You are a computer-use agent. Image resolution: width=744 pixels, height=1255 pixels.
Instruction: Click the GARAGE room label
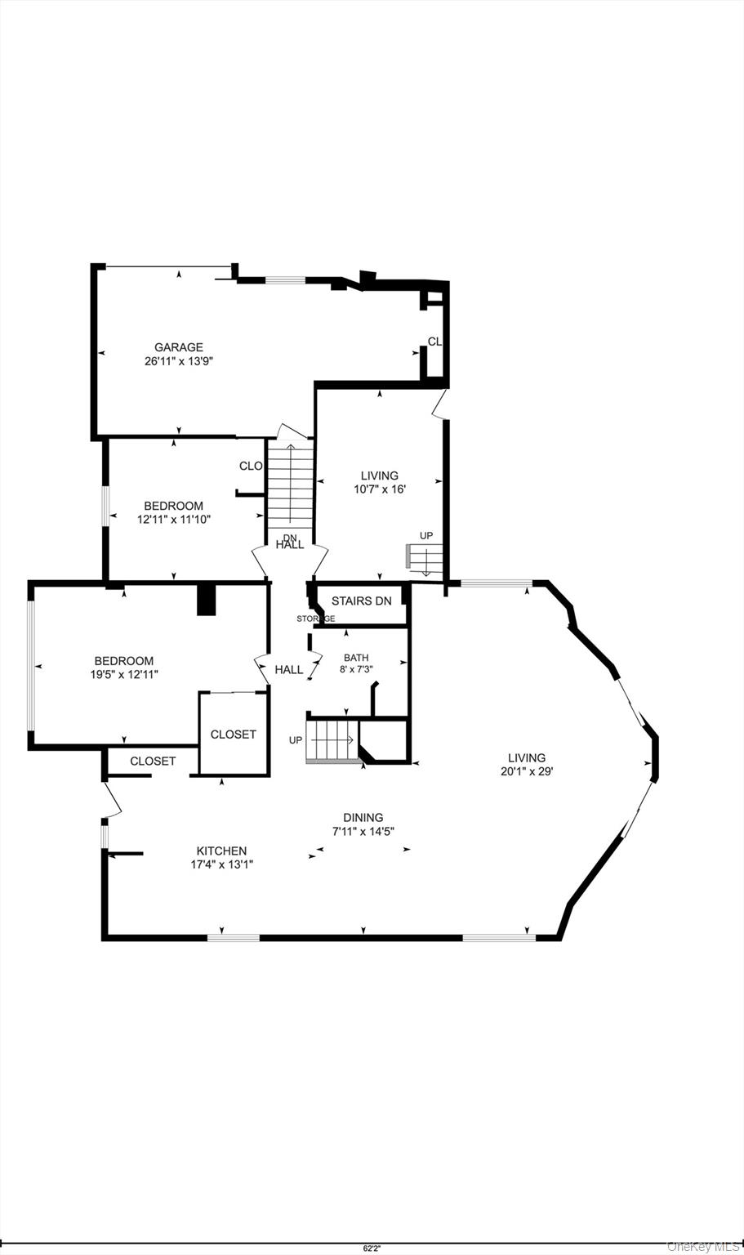point(179,347)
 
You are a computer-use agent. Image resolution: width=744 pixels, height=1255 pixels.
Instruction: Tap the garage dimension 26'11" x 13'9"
point(179,360)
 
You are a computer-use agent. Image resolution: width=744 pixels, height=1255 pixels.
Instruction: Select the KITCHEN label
point(221,851)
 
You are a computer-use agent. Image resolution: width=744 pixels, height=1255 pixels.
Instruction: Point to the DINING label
point(363,817)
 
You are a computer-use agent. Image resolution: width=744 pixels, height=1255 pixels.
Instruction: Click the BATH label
point(356,657)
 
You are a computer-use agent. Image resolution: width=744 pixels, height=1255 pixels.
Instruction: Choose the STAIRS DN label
point(361,601)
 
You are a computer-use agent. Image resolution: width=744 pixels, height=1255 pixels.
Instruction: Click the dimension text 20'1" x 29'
point(527,770)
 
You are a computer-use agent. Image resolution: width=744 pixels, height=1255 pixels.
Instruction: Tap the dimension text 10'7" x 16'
point(380,489)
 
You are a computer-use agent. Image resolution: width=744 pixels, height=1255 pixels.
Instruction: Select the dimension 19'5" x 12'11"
point(124,674)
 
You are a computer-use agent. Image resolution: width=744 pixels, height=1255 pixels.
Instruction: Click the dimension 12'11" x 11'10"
point(173,519)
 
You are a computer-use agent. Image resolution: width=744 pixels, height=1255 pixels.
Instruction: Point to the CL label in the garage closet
point(434,342)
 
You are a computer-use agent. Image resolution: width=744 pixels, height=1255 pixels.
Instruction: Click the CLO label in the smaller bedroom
point(251,466)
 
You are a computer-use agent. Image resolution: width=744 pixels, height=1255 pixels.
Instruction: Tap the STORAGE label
point(315,619)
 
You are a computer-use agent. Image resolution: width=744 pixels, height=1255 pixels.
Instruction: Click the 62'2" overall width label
point(371,1248)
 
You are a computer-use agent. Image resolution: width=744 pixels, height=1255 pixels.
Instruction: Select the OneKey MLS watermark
point(703,1246)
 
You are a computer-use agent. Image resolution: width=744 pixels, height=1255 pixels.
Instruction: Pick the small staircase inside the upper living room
point(425,561)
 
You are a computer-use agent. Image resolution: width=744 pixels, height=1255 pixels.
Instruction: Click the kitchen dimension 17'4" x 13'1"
point(221,864)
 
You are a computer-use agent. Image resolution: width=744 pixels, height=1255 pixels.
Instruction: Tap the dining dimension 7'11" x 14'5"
point(363,831)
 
